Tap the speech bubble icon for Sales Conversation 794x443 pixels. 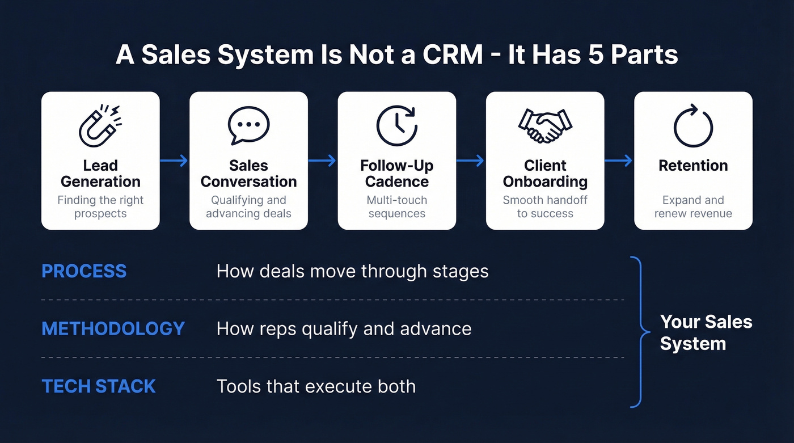(x=248, y=125)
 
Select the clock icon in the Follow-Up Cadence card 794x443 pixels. (x=397, y=125)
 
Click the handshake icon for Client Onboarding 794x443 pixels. (x=545, y=125)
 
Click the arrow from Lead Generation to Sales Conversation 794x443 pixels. (x=174, y=161)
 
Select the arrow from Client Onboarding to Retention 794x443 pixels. (x=619, y=161)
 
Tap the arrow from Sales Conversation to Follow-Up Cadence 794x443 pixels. (x=323, y=161)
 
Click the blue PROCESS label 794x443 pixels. (x=84, y=271)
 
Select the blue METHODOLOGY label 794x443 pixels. (x=113, y=328)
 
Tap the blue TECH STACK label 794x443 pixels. (x=99, y=386)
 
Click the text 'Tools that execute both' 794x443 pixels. (x=316, y=386)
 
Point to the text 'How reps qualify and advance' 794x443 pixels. (x=344, y=328)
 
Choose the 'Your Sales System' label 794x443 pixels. (x=706, y=332)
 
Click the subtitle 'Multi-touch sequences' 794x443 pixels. (x=397, y=207)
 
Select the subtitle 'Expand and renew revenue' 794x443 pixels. (x=693, y=207)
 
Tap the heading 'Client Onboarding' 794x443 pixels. (x=545, y=174)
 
